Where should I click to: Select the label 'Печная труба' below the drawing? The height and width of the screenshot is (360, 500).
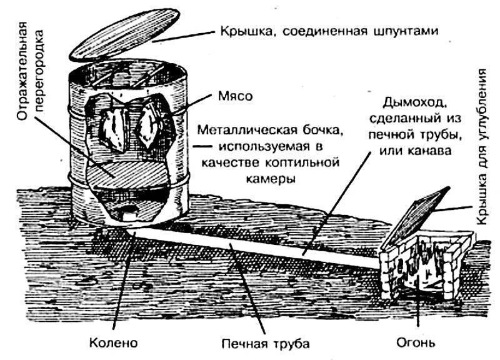[x=266, y=343]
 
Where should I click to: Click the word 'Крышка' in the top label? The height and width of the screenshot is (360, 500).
[x=241, y=30]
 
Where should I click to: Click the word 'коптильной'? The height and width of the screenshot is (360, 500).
[x=298, y=163]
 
